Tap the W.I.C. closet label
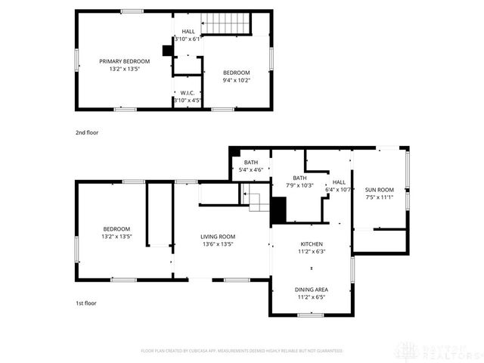point(188,92)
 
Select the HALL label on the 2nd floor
point(188,31)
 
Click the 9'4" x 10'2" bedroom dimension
point(236,79)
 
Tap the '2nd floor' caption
point(86,132)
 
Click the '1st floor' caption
point(85,303)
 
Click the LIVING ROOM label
point(218,236)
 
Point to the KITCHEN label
point(312,244)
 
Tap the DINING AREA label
point(312,290)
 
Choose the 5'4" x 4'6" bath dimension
point(251,170)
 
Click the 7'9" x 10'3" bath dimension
point(299,185)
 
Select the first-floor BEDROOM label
point(116,228)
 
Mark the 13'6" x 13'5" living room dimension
point(218,244)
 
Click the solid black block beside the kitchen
point(278,209)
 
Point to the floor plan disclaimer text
point(242,351)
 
